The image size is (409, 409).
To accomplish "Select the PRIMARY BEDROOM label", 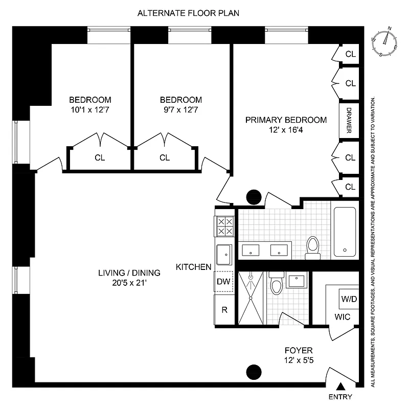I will pos(285,120).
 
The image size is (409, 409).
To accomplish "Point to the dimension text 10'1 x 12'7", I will pos(90,110).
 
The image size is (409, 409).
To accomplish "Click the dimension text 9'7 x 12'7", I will pos(180,110).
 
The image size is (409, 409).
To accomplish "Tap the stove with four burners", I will pos(224,226).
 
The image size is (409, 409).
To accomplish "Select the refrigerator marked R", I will pos(224,310).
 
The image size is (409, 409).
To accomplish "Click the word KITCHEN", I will pos(193,267).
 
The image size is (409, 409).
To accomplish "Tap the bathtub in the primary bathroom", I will pos(345,231).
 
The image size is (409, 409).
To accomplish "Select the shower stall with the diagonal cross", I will pos(251,299).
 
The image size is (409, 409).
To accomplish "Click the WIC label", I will pos(343,317).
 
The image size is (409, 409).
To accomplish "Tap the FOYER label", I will pos(298,350).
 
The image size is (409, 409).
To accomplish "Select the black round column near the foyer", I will pos(254,372).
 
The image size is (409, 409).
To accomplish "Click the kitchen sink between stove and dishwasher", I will pos(224,254).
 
